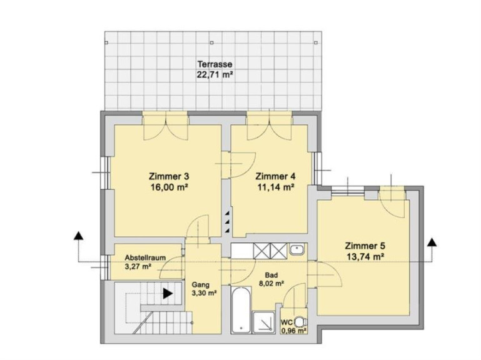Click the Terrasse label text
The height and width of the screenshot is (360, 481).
(215, 64)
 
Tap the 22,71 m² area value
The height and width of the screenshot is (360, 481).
(215, 74)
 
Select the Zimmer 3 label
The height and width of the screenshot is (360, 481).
(169, 177)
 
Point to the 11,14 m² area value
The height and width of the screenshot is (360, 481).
(276, 187)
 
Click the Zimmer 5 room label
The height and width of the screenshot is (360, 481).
(365, 246)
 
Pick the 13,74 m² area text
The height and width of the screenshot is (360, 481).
(366, 257)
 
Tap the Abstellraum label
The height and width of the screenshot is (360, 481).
(145, 257)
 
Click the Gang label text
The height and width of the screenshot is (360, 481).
(201, 284)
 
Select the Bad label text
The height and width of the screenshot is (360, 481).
(272, 276)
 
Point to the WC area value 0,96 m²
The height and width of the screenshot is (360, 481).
(294, 331)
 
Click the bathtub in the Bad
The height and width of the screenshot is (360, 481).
(241, 310)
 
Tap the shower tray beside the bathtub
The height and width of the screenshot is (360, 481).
(263, 322)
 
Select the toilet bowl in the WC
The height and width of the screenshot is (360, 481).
(300, 322)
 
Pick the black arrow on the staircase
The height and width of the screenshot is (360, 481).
(168, 294)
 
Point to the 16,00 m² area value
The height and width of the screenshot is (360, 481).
(169, 187)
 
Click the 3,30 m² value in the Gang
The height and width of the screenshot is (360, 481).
(205, 293)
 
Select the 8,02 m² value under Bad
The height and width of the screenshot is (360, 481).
(271, 284)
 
